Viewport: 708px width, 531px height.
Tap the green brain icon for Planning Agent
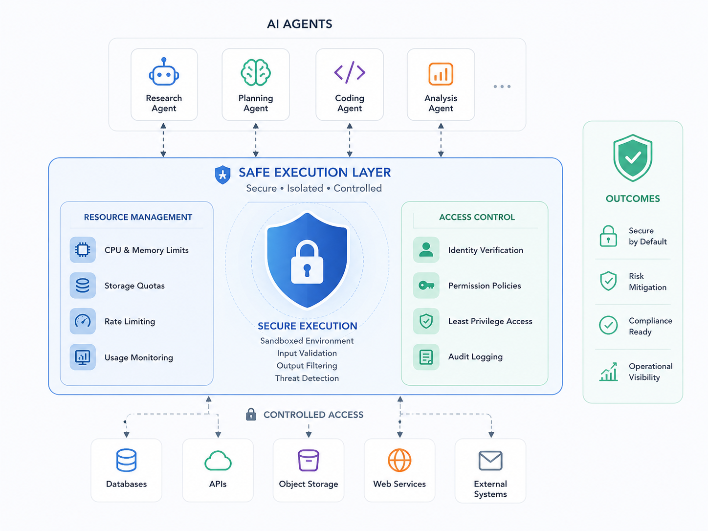coord(255,72)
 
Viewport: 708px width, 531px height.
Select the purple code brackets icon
coord(350,72)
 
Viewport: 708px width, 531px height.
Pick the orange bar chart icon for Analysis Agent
coord(441,74)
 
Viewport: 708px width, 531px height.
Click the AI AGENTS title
coord(299,24)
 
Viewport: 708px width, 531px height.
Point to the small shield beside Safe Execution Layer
coord(222,175)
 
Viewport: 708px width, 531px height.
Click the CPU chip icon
coord(83,249)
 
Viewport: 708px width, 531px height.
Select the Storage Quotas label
coord(134,286)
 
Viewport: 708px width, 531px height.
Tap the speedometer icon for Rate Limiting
coord(83,321)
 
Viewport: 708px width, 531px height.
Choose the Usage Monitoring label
coord(139,357)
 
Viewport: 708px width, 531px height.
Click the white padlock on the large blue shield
coord(307,262)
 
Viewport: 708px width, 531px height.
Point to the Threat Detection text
coord(307,378)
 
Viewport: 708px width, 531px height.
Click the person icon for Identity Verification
coord(426,249)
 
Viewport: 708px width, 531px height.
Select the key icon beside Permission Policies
coord(426,286)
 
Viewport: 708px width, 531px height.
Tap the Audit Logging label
coord(475,356)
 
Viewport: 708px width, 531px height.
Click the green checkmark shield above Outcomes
coord(633,157)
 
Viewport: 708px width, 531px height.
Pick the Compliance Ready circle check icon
coord(608,325)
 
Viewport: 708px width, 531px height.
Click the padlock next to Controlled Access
coord(251,414)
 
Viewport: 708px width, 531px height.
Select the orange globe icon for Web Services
coord(399,460)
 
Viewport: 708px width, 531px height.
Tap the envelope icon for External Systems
coord(490,461)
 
